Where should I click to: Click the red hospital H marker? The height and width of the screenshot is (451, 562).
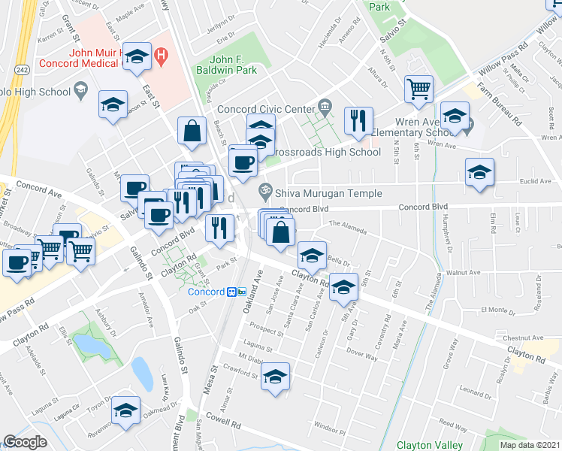coord(160,55)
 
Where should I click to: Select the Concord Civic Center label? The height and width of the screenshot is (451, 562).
coord(265,108)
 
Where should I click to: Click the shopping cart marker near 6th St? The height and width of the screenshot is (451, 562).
coord(419,89)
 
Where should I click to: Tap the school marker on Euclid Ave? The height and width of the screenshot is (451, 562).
coord(479,172)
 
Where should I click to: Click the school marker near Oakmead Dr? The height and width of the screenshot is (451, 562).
coord(125,410)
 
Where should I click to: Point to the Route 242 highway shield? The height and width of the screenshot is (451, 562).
coord(23,69)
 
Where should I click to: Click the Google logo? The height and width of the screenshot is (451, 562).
coord(25,442)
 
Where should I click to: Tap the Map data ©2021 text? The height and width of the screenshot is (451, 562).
coord(529,445)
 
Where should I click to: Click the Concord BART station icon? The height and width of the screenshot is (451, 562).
coord(237,292)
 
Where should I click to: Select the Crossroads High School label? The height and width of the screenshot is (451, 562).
coord(323,152)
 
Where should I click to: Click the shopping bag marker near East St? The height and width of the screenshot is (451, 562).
coord(192,130)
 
